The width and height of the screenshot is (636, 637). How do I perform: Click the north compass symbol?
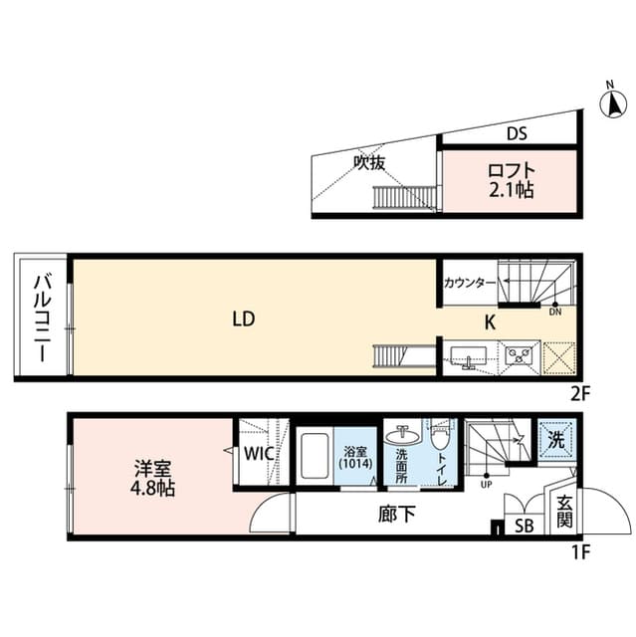pos(614,103)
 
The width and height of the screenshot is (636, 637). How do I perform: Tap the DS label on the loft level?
pos(516,132)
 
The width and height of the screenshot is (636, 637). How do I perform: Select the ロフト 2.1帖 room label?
pos(511,179)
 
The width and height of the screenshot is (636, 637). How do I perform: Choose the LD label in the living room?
pos(245,319)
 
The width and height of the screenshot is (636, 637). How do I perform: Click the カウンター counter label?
pos(469,283)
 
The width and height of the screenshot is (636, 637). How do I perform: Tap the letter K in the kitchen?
pos(490,321)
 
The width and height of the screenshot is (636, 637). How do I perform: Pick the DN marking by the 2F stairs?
pos(554,311)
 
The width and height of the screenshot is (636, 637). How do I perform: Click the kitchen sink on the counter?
pos(468,354)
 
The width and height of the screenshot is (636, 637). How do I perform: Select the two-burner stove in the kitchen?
pos(519,354)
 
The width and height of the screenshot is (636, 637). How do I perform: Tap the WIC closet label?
pos(262,454)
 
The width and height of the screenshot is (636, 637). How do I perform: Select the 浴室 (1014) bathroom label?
pos(356,455)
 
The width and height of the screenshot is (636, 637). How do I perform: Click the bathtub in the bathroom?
pos(317,459)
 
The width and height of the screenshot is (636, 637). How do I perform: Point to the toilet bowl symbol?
pos(442,439)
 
